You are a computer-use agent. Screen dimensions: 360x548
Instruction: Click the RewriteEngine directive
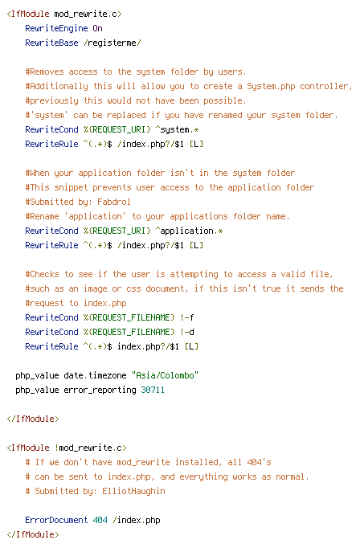[x=56, y=28]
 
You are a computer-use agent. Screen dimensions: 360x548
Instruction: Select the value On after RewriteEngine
[x=97, y=28]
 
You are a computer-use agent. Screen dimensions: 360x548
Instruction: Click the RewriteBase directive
[x=51, y=43]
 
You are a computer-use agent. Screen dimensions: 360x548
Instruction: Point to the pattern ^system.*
[x=177, y=129]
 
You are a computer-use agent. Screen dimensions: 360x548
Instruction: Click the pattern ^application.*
[x=189, y=231]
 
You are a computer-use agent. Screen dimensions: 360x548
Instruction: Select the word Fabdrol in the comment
[x=114, y=202]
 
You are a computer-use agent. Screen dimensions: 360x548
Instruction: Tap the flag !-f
[x=187, y=317]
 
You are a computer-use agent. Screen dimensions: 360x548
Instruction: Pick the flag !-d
[x=187, y=332]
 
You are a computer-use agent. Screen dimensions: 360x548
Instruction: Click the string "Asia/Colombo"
[x=165, y=376]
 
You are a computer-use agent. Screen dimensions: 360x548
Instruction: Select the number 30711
[x=153, y=390]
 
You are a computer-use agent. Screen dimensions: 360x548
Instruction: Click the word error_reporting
[x=100, y=390]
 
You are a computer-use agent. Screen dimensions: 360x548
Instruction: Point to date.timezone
[x=95, y=376]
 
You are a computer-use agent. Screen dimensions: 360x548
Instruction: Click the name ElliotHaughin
[x=133, y=492]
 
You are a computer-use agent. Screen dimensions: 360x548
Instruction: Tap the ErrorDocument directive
[x=56, y=520]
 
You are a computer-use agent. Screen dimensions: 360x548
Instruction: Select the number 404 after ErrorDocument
[x=100, y=520]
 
